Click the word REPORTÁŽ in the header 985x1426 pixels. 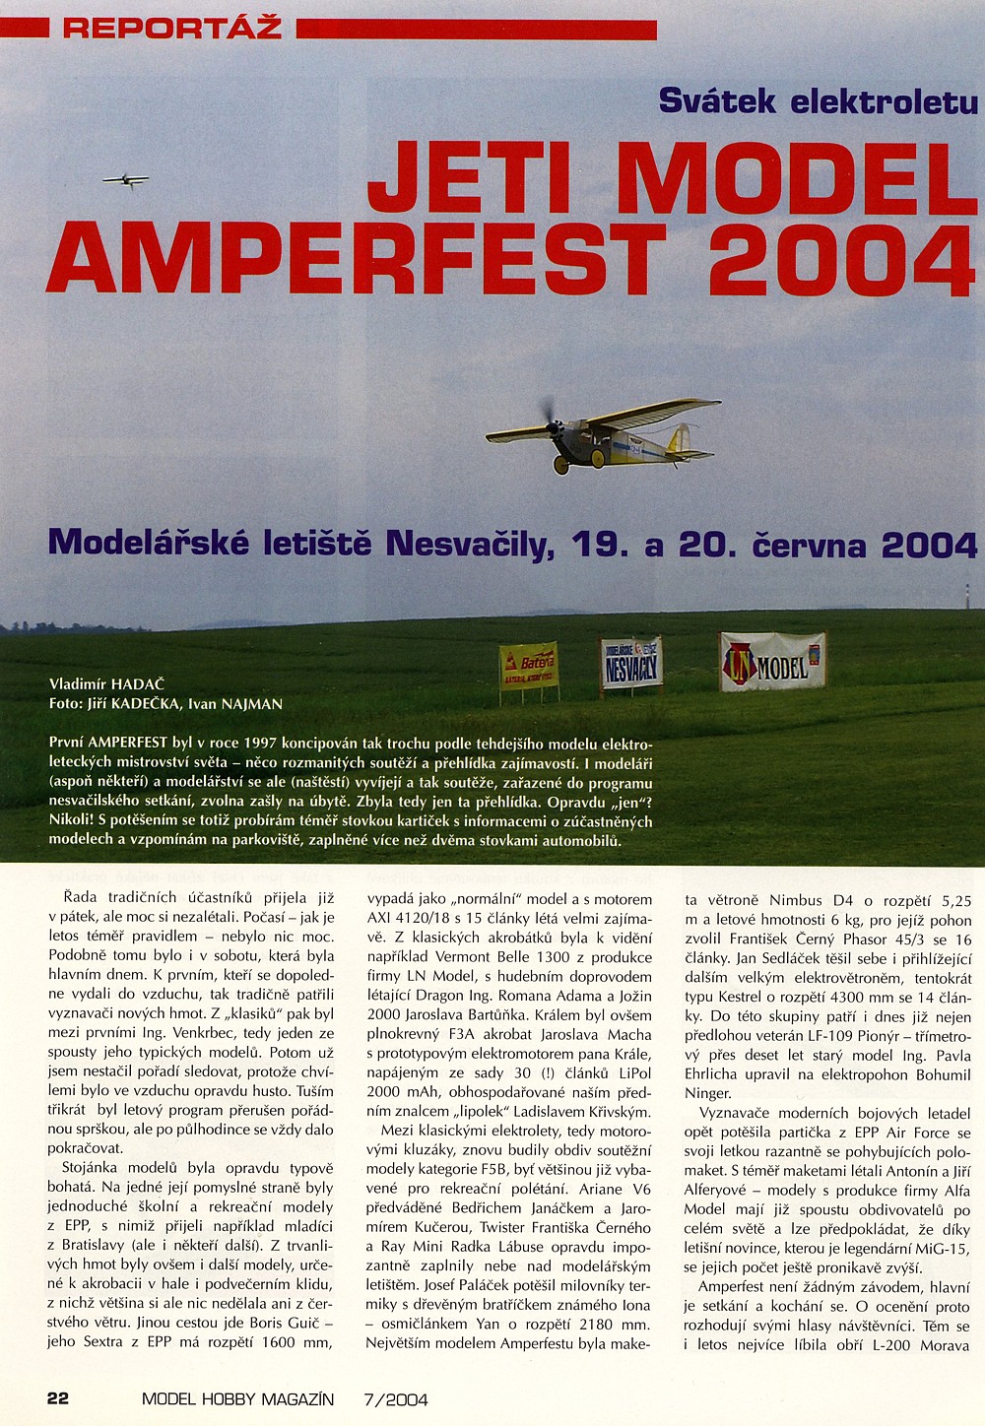click(x=172, y=28)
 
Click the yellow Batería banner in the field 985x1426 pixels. click(x=528, y=666)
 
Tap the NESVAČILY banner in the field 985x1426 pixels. click(x=631, y=662)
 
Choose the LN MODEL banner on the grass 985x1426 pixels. click(x=773, y=662)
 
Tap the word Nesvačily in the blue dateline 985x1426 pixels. click(x=462, y=544)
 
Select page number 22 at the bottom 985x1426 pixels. click(x=58, y=1398)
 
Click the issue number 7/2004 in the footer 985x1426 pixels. click(x=396, y=1399)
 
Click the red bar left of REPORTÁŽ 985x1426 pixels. click(x=24, y=30)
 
